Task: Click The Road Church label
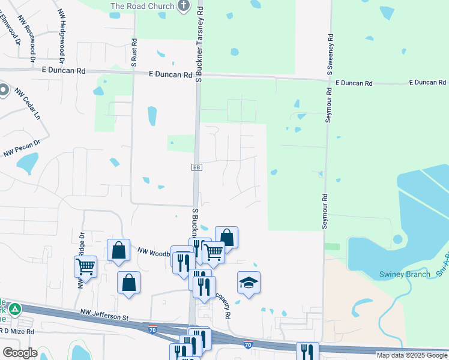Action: pyautogui.click(x=142, y=7)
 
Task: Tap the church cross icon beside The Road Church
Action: pyautogui.click(x=184, y=7)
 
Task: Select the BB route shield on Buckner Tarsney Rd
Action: pyautogui.click(x=196, y=167)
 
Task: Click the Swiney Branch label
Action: pyautogui.click(x=405, y=275)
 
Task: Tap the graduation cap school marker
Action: pyautogui.click(x=249, y=283)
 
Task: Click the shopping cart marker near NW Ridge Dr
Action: pyautogui.click(x=86, y=266)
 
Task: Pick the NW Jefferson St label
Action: pyautogui.click(x=105, y=315)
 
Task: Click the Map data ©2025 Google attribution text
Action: pyautogui.click(x=411, y=355)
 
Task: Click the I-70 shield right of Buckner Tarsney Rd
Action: pyautogui.click(x=248, y=344)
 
